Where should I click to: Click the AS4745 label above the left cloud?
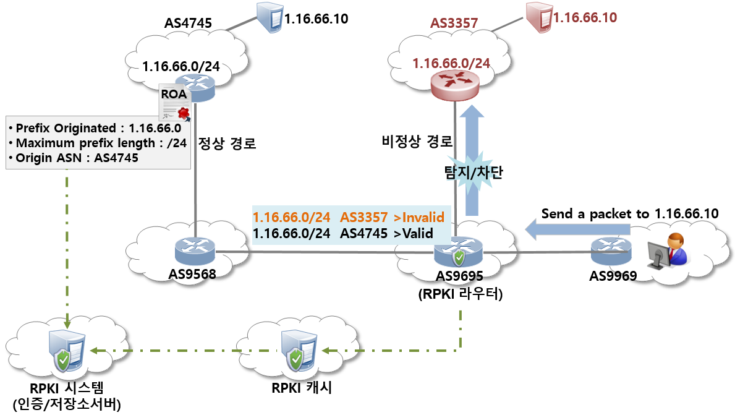coord(188,24)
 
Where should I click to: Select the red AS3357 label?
coord(454,23)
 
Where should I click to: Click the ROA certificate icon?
coord(175,103)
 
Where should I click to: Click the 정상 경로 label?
coord(227,143)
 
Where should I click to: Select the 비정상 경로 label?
coord(417,141)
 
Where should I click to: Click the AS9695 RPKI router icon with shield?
coord(458,254)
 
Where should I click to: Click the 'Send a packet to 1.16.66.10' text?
coord(629,213)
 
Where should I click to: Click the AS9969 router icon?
coord(610,249)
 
